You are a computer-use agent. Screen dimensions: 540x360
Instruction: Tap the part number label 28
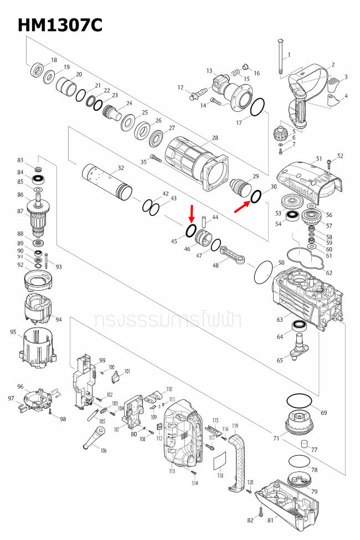click(x=215, y=137)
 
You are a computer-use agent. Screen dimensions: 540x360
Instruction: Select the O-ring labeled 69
click(x=300, y=400)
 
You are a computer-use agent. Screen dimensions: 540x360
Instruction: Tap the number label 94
click(x=59, y=320)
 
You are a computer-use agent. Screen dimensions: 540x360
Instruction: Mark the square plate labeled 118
click(x=220, y=459)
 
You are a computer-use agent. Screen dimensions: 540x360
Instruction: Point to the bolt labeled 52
click(x=329, y=162)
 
